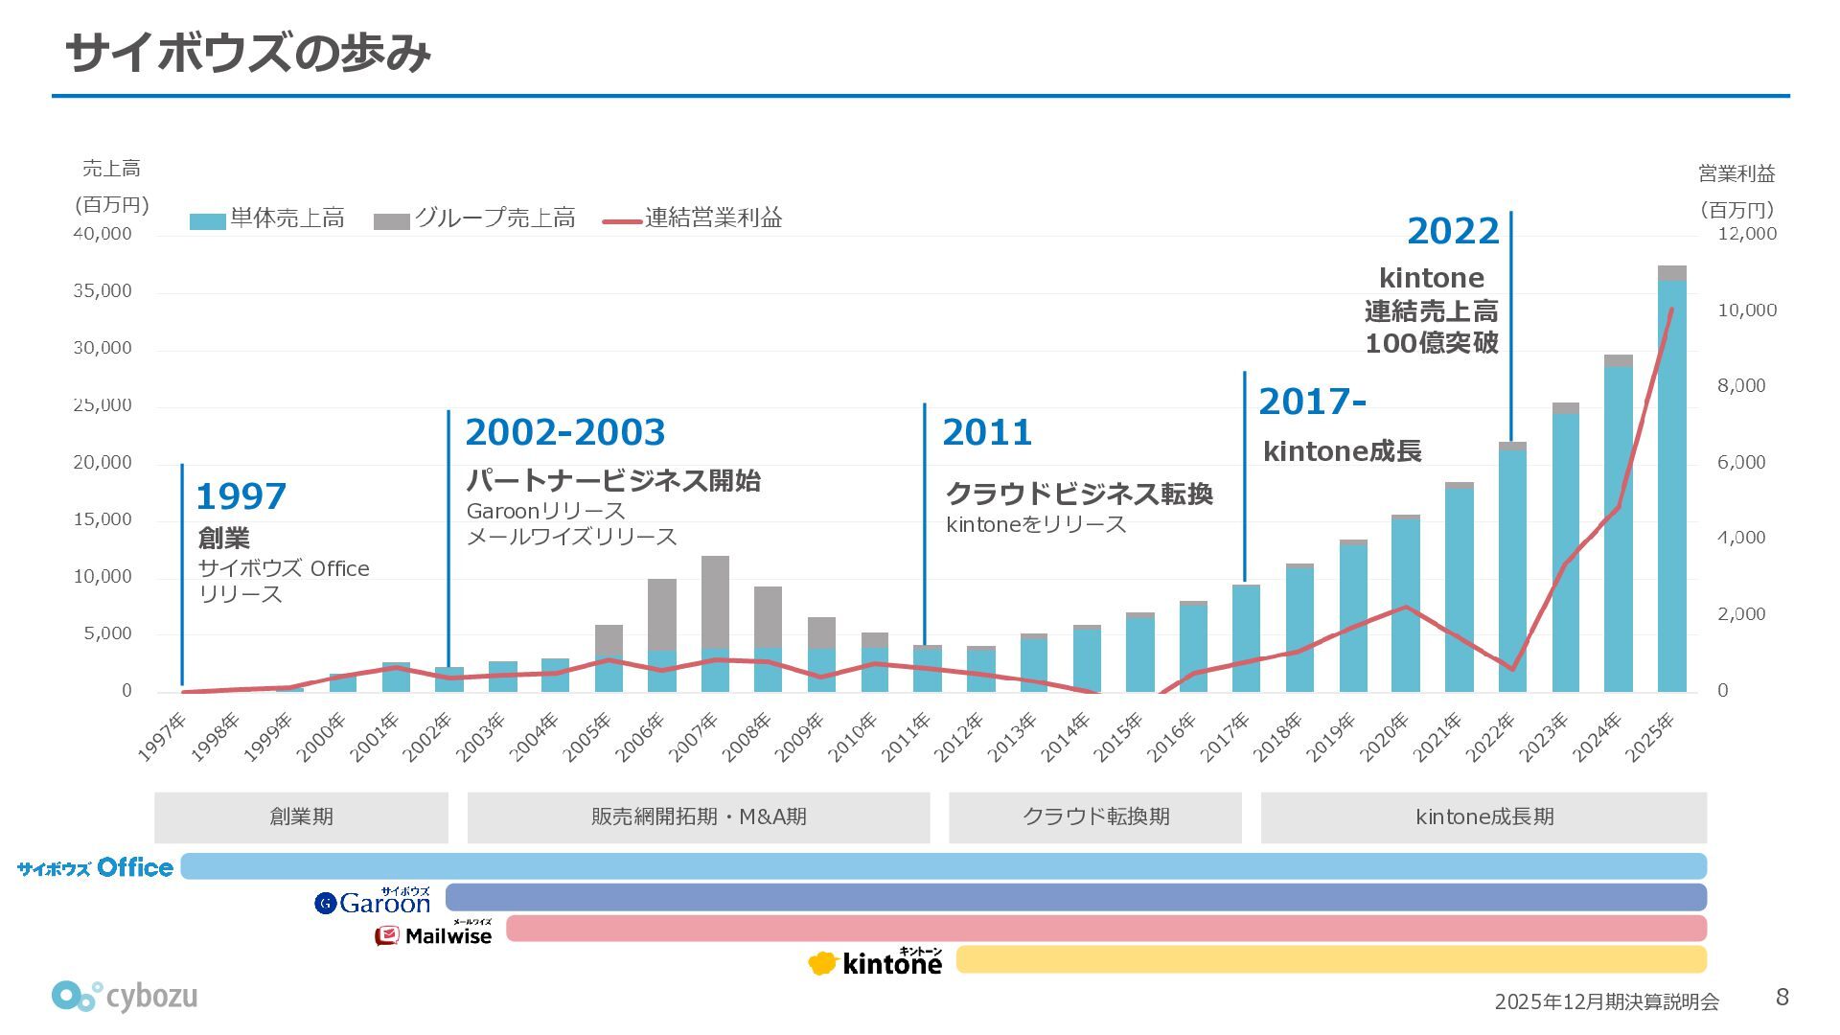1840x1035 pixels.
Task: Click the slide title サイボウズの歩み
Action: [247, 53]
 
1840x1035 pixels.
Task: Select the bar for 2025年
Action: [1671, 479]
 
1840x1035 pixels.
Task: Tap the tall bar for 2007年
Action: [715, 623]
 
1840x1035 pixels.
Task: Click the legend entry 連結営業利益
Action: [693, 218]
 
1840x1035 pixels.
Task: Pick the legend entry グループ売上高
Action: [475, 218]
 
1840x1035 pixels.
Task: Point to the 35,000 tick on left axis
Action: [103, 291]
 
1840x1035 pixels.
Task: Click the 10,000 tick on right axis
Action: [1746, 310]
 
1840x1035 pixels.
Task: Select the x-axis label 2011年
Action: [907, 737]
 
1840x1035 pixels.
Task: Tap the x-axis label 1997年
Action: [162, 737]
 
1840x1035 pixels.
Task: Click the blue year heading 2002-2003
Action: [564, 432]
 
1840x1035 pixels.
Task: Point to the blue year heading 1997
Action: [241, 496]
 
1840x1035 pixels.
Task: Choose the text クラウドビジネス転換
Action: [1079, 494]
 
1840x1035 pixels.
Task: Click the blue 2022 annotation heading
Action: [1452, 231]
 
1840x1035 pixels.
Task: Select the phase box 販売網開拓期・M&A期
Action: [698, 817]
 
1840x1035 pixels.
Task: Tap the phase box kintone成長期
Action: [1483, 817]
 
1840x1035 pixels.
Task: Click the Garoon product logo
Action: [373, 901]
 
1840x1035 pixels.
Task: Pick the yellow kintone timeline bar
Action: [1331, 959]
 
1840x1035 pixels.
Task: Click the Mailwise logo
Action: [433, 934]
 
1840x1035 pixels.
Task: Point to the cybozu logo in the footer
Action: [125, 997]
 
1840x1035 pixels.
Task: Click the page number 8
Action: [1782, 997]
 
